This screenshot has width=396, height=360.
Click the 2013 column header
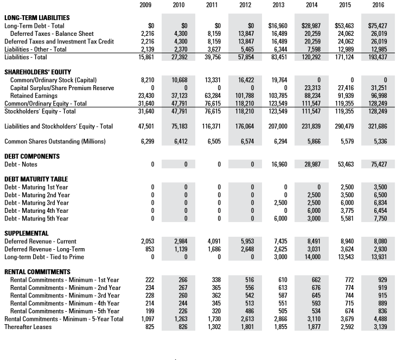pyautogui.click(x=278, y=5)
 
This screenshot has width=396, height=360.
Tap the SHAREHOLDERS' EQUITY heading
pyautogui.click(x=37, y=72)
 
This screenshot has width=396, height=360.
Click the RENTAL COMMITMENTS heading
pyautogui.click(x=37, y=271)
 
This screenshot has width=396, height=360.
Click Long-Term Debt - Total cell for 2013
pyautogui.click(x=278, y=26)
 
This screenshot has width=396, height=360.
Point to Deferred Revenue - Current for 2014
pyautogui.click(x=311, y=241)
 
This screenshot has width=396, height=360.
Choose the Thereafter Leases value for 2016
pyautogui.click(x=378, y=327)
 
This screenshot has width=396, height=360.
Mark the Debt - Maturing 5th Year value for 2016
pyautogui.click(x=378, y=218)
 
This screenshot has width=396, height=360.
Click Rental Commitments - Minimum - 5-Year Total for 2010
pyautogui.click(x=179, y=319)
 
